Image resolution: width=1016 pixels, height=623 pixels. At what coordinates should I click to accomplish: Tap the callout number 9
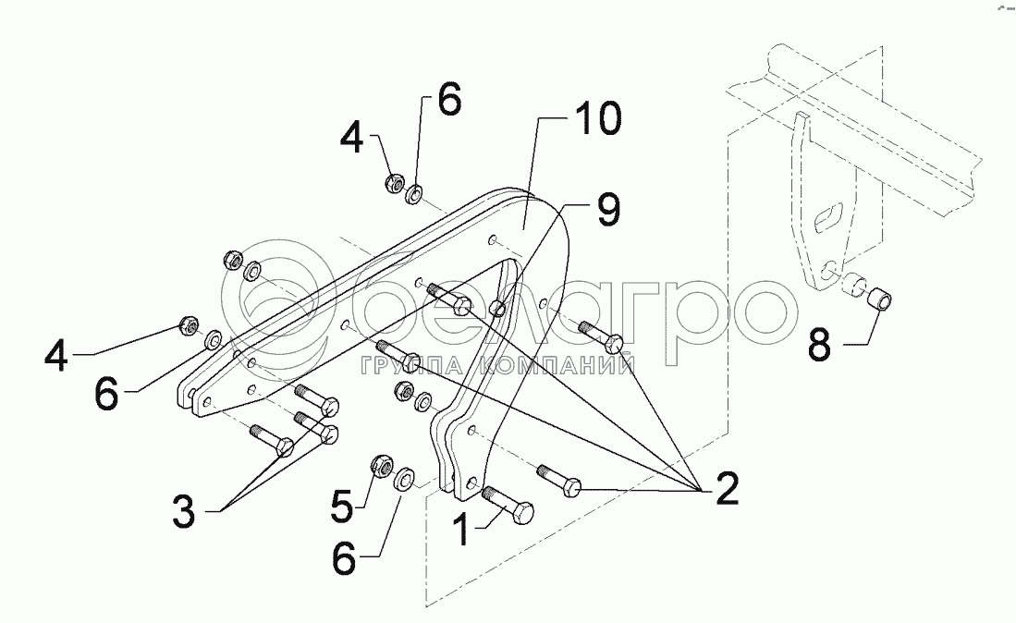(606, 212)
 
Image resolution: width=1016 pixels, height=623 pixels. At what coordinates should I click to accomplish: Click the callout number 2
(727, 488)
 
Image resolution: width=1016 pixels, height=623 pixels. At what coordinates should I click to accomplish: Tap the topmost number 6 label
(447, 101)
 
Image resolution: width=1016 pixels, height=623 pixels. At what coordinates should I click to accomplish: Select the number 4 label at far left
(56, 356)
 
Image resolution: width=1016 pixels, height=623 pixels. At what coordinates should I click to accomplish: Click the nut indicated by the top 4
(393, 183)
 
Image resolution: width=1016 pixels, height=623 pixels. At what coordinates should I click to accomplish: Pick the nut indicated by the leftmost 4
(185, 325)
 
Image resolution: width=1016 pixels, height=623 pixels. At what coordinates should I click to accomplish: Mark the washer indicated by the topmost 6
(415, 194)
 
